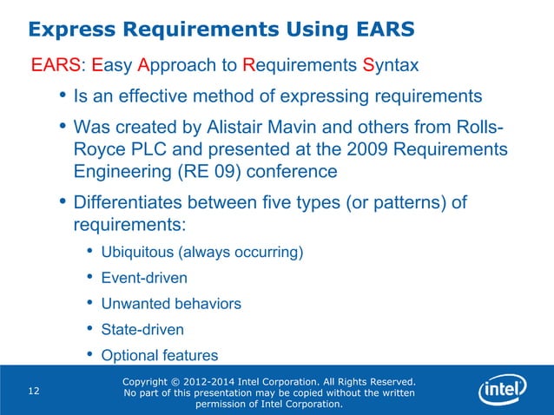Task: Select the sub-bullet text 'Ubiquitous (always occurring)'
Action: click(201, 254)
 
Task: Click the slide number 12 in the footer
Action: click(34, 392)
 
